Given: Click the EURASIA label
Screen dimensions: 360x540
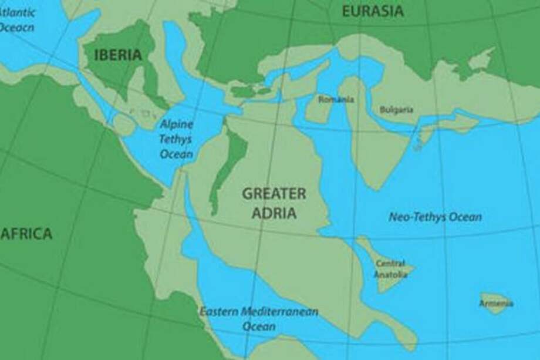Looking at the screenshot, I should click(373, 11).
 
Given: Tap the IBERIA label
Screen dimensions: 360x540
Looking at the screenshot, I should click(117, 55).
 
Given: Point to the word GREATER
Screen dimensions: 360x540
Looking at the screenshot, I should click(274, 193).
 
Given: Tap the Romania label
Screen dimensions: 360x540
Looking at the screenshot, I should click(336, 99).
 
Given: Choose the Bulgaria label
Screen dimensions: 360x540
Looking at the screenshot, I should click(397, 109).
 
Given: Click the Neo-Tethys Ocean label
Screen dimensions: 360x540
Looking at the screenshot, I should click(435, 217).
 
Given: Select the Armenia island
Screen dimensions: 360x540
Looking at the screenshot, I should click(496, 303).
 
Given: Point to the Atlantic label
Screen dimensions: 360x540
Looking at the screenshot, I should click(17, 12).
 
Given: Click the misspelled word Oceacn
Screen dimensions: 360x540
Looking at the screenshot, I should click(18, 26).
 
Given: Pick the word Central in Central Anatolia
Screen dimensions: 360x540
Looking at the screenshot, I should click(390, 263).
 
